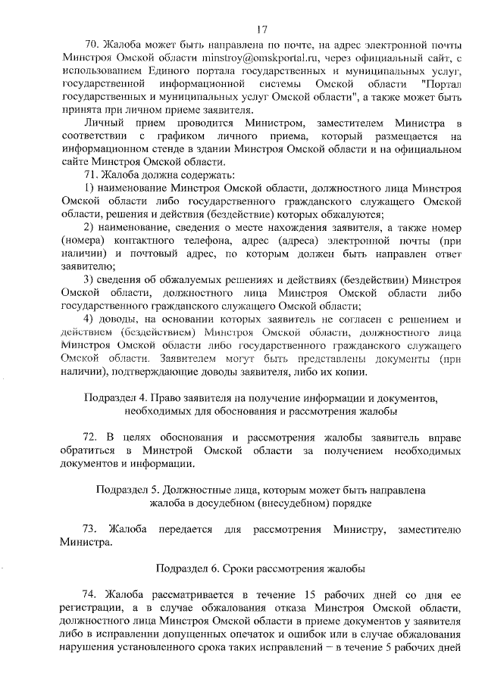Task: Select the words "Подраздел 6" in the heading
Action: tap(188, 567)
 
